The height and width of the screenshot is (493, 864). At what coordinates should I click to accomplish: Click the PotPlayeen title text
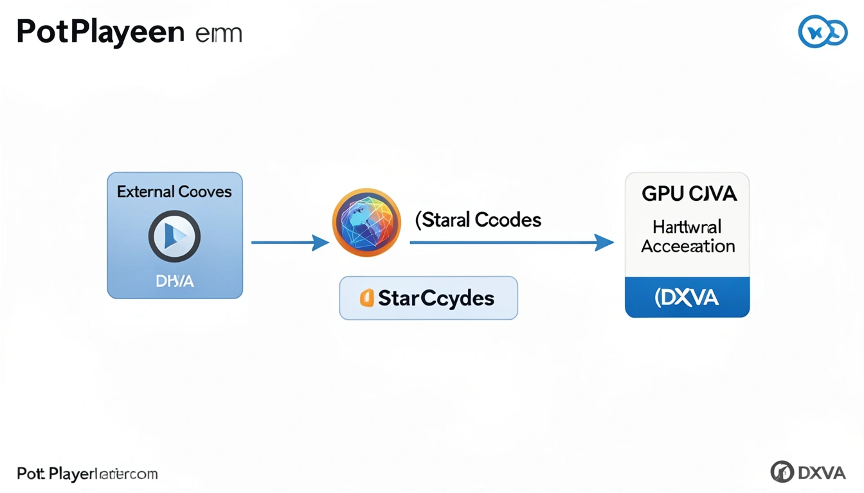(100, 32)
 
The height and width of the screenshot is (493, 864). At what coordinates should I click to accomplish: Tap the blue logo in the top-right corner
(822, 31)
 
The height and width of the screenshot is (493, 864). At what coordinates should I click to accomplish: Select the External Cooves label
(174, 191)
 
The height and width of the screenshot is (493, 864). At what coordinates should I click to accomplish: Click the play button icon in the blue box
(174, 237)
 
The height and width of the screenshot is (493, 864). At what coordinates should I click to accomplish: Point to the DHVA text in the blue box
(174, 281)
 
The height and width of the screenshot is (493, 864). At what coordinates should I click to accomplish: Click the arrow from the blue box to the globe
(289, 243)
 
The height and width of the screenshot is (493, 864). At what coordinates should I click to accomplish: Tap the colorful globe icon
(366, 223)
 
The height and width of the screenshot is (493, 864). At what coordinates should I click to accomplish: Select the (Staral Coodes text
(478, 220)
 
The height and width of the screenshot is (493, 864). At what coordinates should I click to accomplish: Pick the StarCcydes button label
(436, 298)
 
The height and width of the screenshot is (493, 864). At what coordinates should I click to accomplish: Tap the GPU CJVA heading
(687, 194)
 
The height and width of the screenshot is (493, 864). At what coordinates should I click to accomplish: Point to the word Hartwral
(687, 227)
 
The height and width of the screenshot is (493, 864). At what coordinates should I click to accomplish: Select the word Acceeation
(688, 246)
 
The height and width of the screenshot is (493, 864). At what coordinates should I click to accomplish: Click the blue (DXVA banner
(687, 297)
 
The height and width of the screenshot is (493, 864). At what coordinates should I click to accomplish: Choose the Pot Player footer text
(87, 474)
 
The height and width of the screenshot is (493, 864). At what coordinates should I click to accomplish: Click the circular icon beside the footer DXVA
(782, 472)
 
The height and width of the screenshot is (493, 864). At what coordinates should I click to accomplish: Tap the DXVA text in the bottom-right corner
(822, 472)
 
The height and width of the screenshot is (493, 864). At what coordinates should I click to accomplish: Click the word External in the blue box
(145, 191)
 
